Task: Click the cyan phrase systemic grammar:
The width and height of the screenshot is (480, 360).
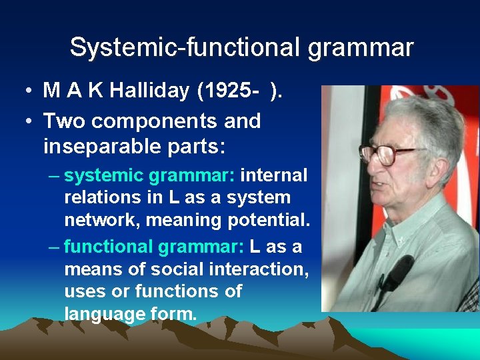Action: tap(149, 176)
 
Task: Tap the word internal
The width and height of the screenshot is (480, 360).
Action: tap(273, 176)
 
